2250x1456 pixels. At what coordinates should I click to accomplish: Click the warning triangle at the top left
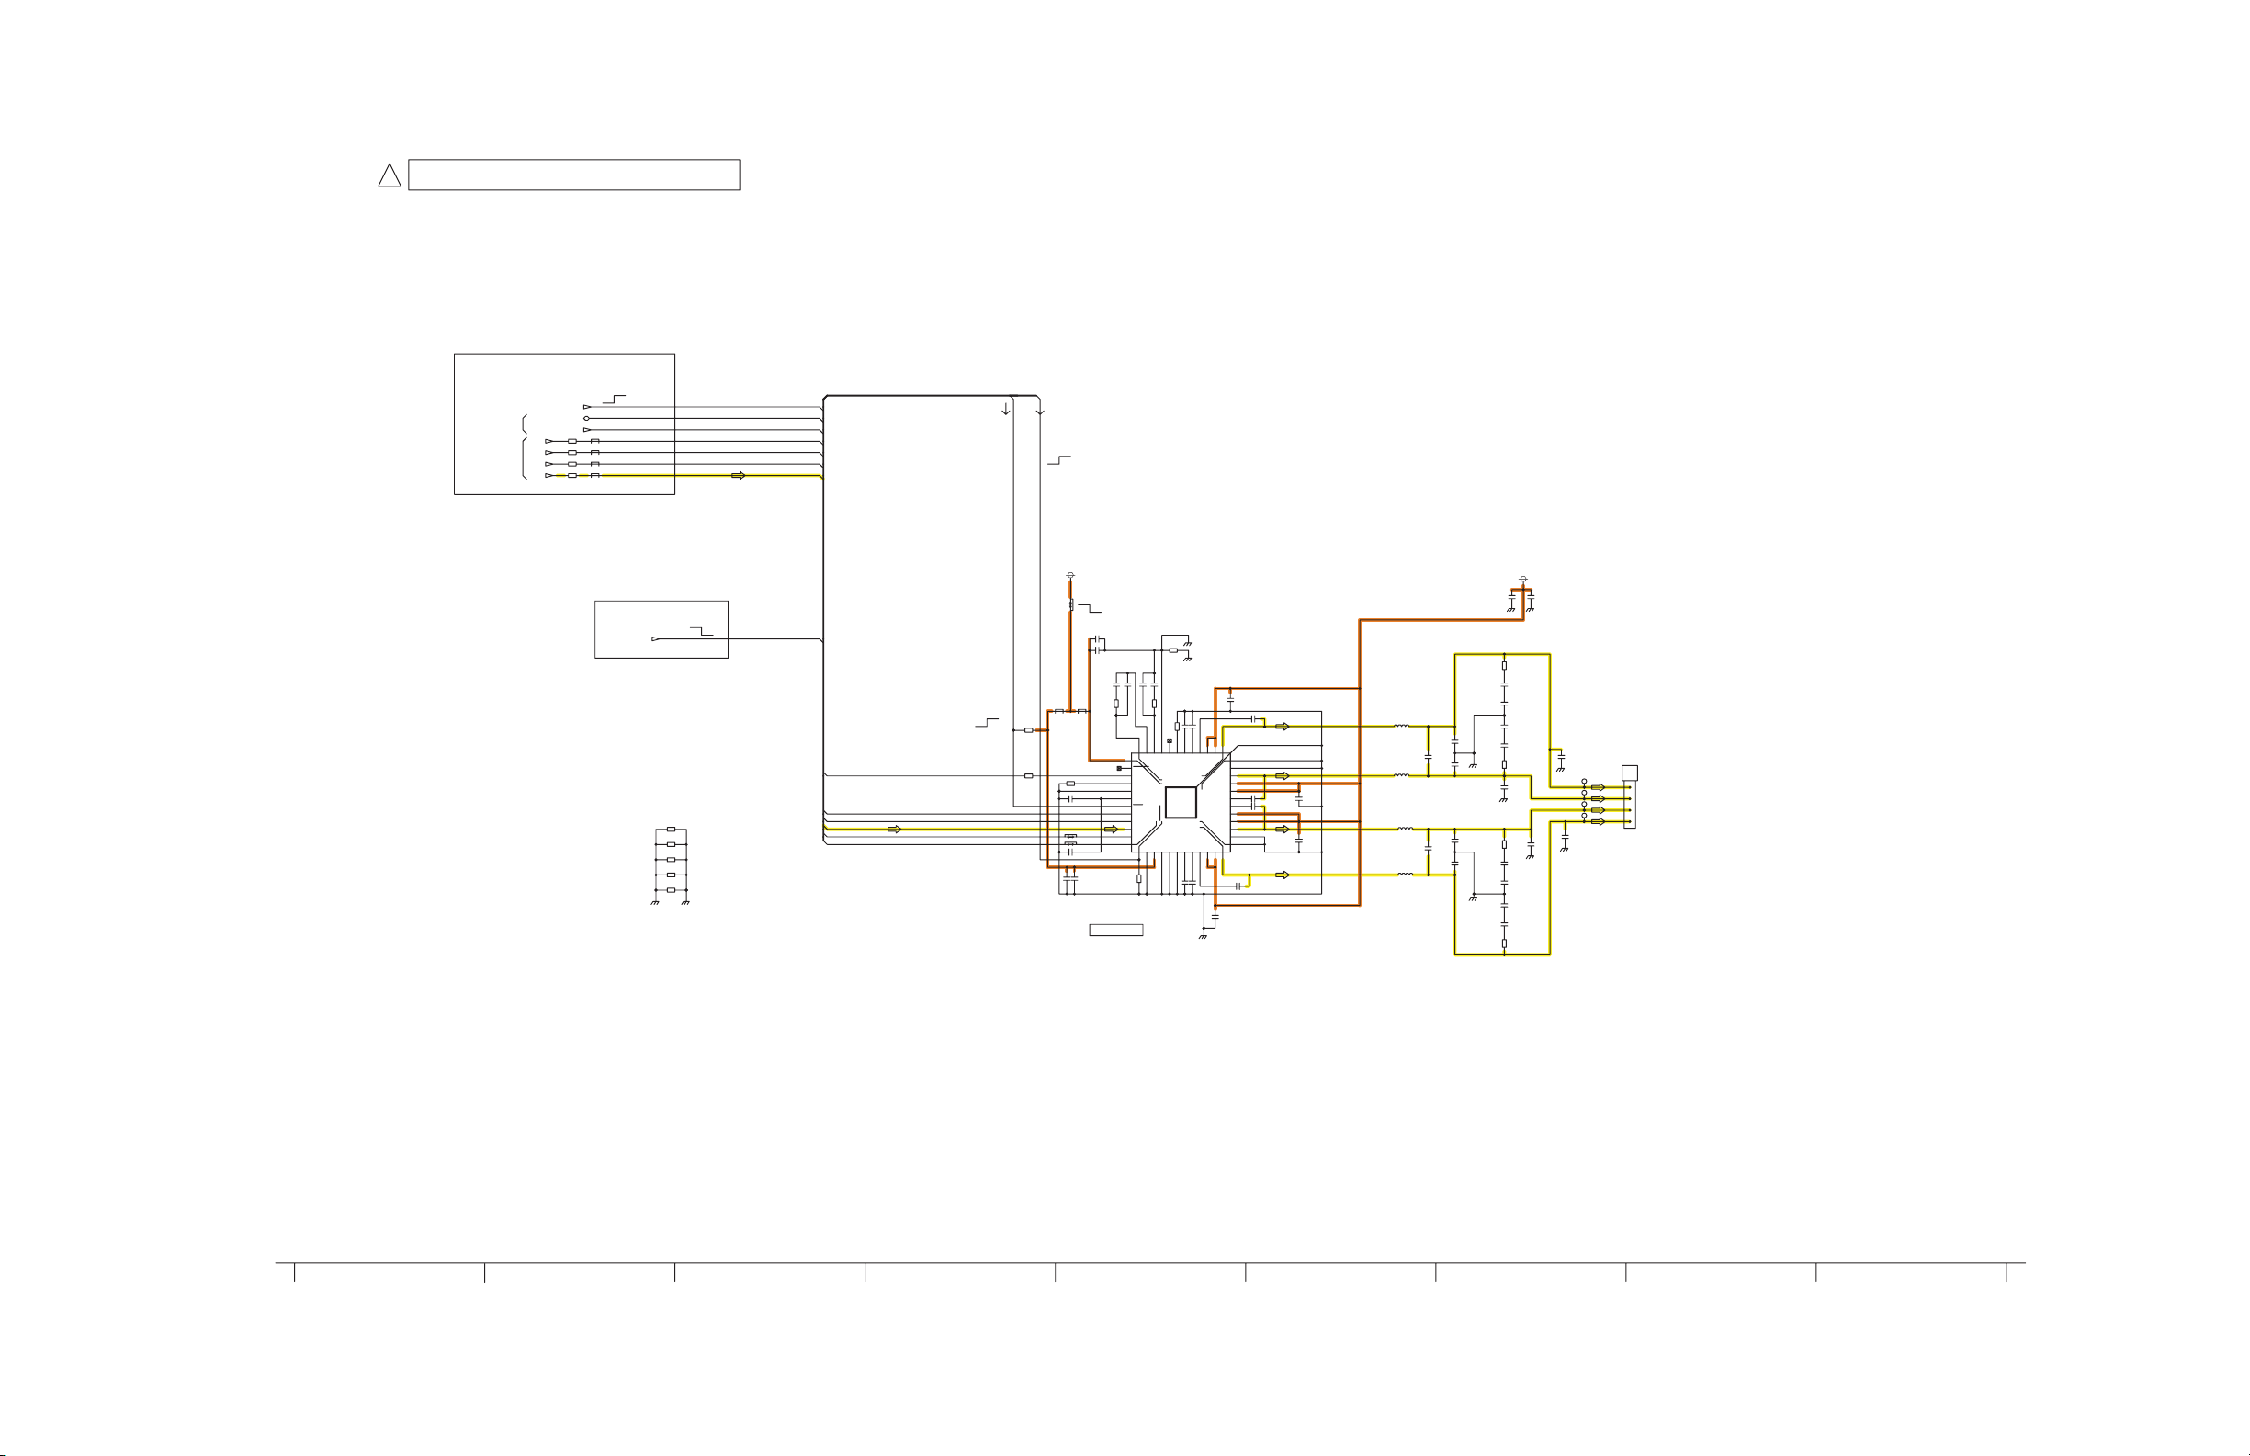tap(390, 175)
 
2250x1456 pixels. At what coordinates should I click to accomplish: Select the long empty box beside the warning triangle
tap(573, 175)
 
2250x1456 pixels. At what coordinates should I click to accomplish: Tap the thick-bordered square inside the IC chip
tap(1180, 803)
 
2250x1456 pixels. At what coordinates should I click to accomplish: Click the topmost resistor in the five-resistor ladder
tap(671, 830)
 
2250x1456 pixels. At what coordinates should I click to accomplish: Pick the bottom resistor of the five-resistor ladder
tap(671, 889)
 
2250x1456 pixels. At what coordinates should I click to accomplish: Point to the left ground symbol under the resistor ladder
tap(654, 903)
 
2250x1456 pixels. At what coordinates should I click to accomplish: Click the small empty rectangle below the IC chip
tap(1115, 931)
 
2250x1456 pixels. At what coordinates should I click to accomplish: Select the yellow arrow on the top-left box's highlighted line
tap(739, 476)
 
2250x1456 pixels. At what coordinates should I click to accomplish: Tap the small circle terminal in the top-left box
tap(586, 418)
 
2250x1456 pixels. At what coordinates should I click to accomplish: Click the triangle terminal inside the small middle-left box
tap(655, 639)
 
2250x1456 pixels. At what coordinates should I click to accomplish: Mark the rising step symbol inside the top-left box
tap(614, 399)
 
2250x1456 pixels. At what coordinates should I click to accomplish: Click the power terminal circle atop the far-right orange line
tap(1522, 578)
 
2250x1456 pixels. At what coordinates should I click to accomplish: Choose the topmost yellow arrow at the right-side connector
tap(1598, 787)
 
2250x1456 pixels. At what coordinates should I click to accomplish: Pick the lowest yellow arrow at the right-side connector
tap(1598, 821)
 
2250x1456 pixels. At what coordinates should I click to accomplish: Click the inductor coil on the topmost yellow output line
tap(1401, 726)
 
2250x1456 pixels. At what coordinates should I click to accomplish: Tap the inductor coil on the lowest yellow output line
tap(1405, 875)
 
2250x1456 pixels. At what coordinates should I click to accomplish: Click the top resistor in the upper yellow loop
tap(1503, 666)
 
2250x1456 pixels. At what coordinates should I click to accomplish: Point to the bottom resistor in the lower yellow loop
tap(1503, 942)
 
